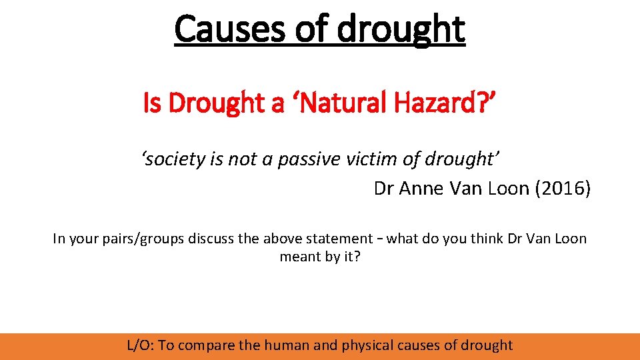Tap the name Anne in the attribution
[423, 189]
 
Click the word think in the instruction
[489, 238]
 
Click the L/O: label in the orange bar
[141, 345]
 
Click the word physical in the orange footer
[367, 345]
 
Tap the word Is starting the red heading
[152, 103]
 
